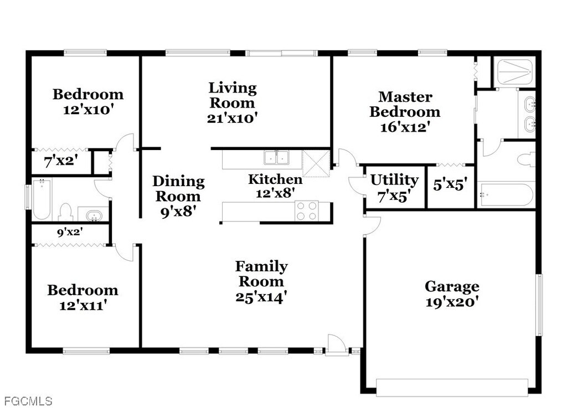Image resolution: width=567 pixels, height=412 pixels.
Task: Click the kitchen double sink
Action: point(277,158)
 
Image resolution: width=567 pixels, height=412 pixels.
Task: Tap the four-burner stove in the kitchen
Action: point(307,211)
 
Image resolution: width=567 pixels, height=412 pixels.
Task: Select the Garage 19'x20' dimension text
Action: point(452,302)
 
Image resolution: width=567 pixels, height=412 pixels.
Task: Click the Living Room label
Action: point(233,95)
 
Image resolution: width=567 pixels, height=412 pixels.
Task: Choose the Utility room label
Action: point(394,180)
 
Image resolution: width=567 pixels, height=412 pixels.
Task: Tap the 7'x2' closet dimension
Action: point(61,161)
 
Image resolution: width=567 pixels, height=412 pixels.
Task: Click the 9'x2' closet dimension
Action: point(70,232)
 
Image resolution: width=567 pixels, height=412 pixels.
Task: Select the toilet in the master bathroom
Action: point(526,159)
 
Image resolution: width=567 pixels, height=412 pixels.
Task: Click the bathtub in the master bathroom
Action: point(505,195)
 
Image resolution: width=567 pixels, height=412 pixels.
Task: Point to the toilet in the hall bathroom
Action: point(66,212)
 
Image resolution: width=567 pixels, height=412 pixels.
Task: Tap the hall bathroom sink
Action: point(94,215)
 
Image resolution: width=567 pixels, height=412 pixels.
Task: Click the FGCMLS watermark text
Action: point(28,401)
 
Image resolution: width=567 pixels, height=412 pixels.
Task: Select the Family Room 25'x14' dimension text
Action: point(261,297)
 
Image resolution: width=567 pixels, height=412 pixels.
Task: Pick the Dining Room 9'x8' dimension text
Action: point(178,212)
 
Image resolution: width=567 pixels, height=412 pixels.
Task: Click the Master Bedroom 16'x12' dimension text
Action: point(405,127)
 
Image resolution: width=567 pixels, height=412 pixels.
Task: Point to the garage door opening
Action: point(452,388)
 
